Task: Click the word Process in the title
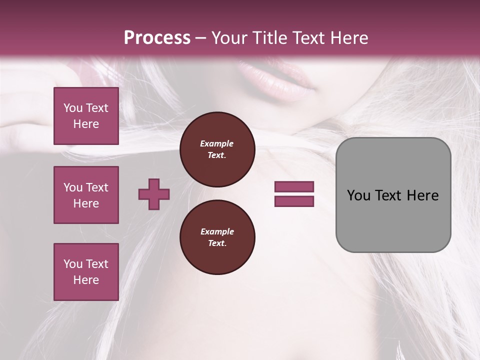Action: [157, 38]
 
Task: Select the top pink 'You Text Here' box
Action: [86, 116]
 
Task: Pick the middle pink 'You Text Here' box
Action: [86, 195]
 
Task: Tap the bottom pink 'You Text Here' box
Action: [86, 272]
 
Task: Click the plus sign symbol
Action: [154, 194]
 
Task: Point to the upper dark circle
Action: [217, 149]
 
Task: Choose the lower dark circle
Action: [217, 237]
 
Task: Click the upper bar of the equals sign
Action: [294, 187]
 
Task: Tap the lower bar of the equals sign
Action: [294, 201]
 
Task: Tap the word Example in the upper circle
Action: [217, 143]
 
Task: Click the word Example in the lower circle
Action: [217, 231]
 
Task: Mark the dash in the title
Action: [201, 38]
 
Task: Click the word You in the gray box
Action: [358, 195]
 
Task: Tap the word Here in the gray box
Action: [422, 195]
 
